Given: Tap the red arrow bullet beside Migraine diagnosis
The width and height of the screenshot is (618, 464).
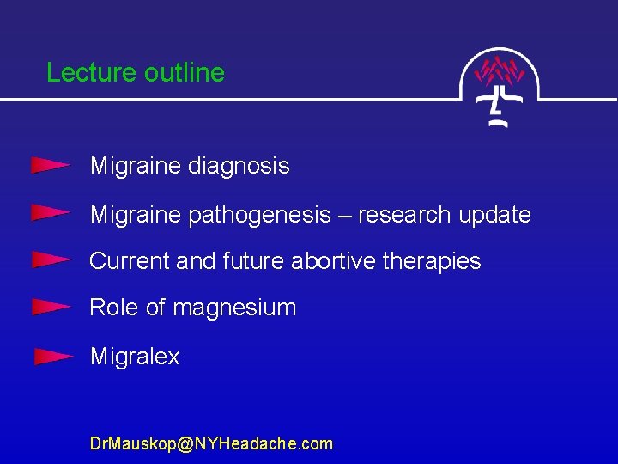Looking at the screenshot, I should coord(50,165).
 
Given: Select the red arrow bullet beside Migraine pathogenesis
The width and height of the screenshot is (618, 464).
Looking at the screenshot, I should coord(50,212).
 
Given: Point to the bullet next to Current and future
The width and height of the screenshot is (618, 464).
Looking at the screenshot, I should coord(50,259).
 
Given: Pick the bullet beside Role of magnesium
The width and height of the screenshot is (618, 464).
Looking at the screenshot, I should coord(50,306).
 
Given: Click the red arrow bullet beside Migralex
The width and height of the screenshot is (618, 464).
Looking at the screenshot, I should coord(53,356).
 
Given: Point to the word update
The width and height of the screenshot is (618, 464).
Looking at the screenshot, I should coord(494,215).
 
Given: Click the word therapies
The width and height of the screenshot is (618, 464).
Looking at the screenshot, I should coord(430,261).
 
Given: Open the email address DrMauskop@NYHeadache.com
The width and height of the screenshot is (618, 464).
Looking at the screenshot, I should coord(211,443).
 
